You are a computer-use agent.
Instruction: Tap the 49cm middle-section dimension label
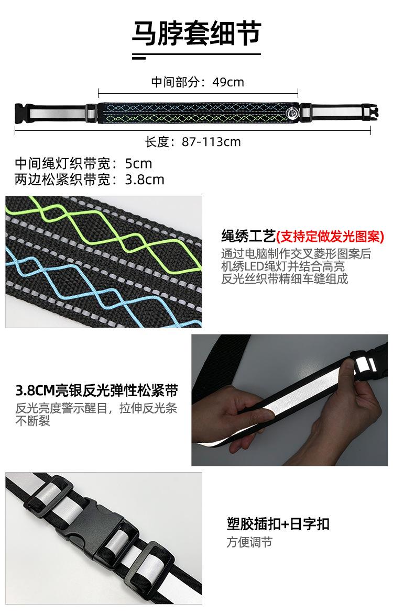[x=198, y=82]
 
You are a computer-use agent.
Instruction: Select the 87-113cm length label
[x=193, y=141]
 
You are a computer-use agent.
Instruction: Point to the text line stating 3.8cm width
[x=90, y=180]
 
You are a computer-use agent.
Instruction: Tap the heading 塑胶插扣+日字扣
[x=278, y=524]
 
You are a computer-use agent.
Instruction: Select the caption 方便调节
[x=249, y=542]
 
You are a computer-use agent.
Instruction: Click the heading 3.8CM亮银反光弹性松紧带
[x=97, y=390]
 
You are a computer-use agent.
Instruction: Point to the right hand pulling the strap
[x=362, y=413]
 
